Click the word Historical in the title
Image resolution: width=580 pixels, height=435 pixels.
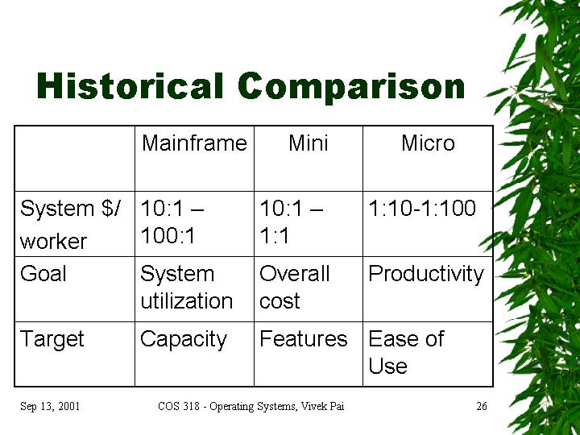coord(130,85)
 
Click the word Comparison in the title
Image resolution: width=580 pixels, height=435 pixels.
coord(351,88)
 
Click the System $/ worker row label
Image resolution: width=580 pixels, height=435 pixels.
coord(70,224)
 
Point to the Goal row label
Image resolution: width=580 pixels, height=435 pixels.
coord(43,273)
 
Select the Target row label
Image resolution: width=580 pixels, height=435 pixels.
coord(52,339)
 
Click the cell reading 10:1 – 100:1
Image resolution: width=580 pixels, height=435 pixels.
coord(172,222)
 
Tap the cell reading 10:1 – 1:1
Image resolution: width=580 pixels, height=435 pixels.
coord(292,222)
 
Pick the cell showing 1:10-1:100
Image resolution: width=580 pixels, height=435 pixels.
coord(422,208)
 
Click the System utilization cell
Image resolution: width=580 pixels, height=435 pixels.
coord(186,287)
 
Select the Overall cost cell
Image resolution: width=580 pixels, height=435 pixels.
coord(295,287)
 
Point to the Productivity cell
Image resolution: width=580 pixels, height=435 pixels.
coord(426,274)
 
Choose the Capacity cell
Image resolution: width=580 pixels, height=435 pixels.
coord(184,340)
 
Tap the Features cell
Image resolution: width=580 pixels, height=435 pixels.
coord(304,338)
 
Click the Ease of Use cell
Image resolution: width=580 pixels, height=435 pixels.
coord(406,352)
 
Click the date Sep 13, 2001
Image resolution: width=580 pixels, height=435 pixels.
coord(50,406)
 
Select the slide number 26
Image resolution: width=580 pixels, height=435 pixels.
coord(482,406)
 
